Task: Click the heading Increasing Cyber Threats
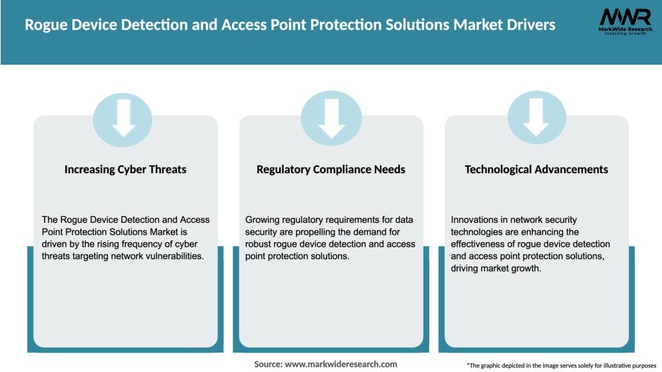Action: pos(125,169)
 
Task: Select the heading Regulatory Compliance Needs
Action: pos(331,169)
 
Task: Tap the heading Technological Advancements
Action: pos(537,169)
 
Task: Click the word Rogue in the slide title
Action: pos(47,25)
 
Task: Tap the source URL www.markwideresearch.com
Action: pos(341,364)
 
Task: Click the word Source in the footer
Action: pos(267,364)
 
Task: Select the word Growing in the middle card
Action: pos(264,220)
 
